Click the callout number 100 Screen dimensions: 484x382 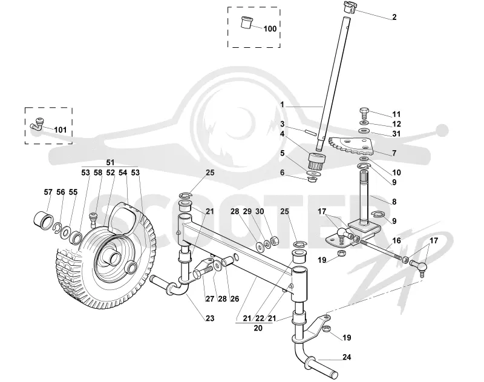270,28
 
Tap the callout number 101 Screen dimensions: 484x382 60,130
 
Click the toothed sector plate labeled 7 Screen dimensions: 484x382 352,147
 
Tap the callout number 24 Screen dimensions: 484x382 347,357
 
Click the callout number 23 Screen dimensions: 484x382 209,318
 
